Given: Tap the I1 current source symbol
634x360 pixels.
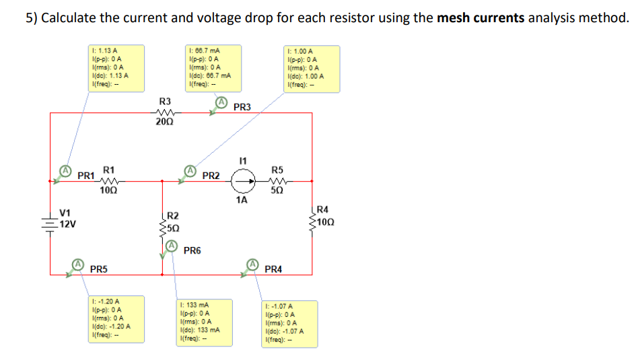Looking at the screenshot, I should pos(243,180).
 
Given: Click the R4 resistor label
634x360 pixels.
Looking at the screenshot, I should pos(323,210).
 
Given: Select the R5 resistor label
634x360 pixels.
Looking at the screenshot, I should pos(277,170).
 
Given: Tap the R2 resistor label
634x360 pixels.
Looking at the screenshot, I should pos(173,215).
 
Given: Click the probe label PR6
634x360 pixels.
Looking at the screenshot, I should pos(192,250).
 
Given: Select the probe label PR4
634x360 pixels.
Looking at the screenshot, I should pos(273,269).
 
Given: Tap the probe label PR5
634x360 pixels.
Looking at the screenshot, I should pos(98,269).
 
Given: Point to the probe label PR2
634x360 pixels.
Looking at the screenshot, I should pos(211,176).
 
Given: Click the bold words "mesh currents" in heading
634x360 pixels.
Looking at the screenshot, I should pos(481,17).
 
